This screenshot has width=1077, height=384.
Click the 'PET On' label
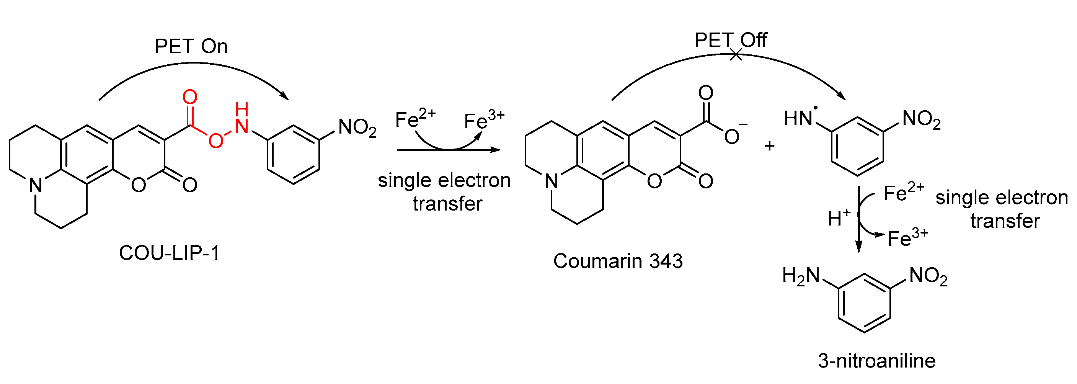pyautogui.click(x=191, y=46)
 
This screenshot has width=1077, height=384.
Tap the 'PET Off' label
pyautogui.click(x=730, y=40)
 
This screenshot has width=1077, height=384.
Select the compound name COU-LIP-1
pyautogui.click(x=169, y=253)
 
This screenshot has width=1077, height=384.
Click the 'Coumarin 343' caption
pyautogui.click(x=618, y=261)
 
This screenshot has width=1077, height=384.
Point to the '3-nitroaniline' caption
pyautogui.click(x=877, y=361)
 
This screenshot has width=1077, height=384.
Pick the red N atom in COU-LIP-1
pyautogui.click(x=242, y=126)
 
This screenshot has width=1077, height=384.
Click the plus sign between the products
pyautogui.click(x=769, y=146)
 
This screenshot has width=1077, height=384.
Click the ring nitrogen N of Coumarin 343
pyautogui.click(x=552, y=181)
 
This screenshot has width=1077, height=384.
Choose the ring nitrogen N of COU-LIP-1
pyautogui.click(x=36, y=185)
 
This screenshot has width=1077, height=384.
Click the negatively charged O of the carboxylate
pyautogui.click(x=732, y=136)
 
